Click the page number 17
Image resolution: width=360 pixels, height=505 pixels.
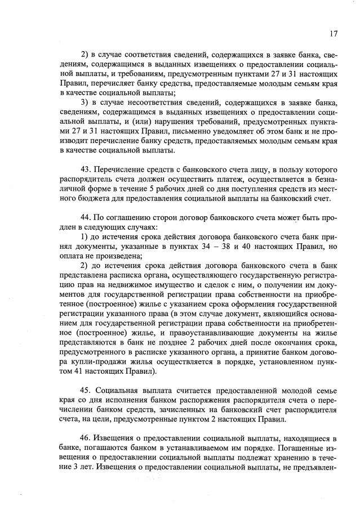(x=334, y=34)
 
